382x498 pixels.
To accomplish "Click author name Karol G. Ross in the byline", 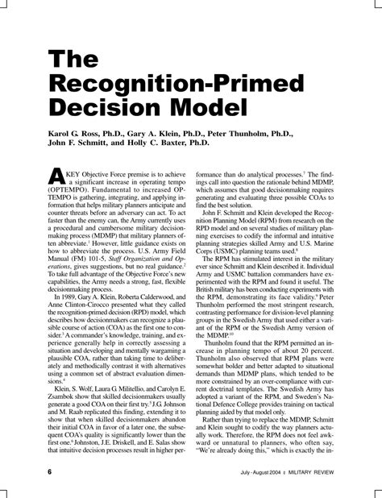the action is click(73, 130).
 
